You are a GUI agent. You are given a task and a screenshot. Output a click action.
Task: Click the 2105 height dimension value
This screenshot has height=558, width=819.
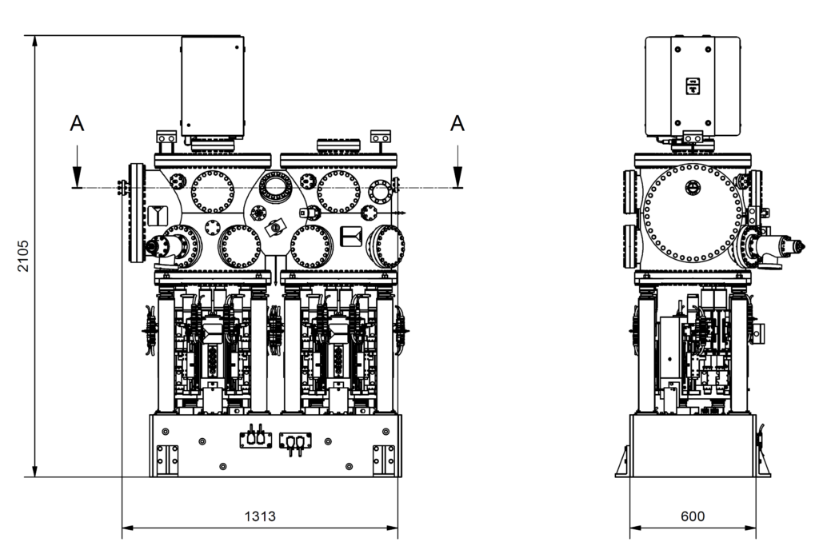(x=24, y=256)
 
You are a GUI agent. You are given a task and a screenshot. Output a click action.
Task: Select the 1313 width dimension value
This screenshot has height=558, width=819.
(x=260, y=516)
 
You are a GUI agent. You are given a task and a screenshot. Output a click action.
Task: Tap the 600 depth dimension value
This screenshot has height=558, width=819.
(x=693, y=516)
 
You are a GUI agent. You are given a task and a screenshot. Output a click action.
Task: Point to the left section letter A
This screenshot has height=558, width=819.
(x=77, y=122)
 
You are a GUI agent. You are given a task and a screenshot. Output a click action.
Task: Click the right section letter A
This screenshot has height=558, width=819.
(x=457, y=122)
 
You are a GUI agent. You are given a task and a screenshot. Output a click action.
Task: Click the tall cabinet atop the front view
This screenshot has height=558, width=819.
(x=212, y=86)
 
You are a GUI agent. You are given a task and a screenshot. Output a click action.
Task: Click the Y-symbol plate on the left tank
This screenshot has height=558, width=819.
(x=157, y=216)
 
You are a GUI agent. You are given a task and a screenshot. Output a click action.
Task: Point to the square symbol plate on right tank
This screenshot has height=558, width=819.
(x=351, y=236)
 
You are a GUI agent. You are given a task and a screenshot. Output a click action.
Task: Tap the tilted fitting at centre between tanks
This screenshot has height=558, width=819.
(x=277, y=228)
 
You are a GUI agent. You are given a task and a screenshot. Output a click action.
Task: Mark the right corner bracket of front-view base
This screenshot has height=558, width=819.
(x=384, y=459)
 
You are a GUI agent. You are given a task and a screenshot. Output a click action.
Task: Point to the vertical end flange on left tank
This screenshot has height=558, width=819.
(x=135, y=213)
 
